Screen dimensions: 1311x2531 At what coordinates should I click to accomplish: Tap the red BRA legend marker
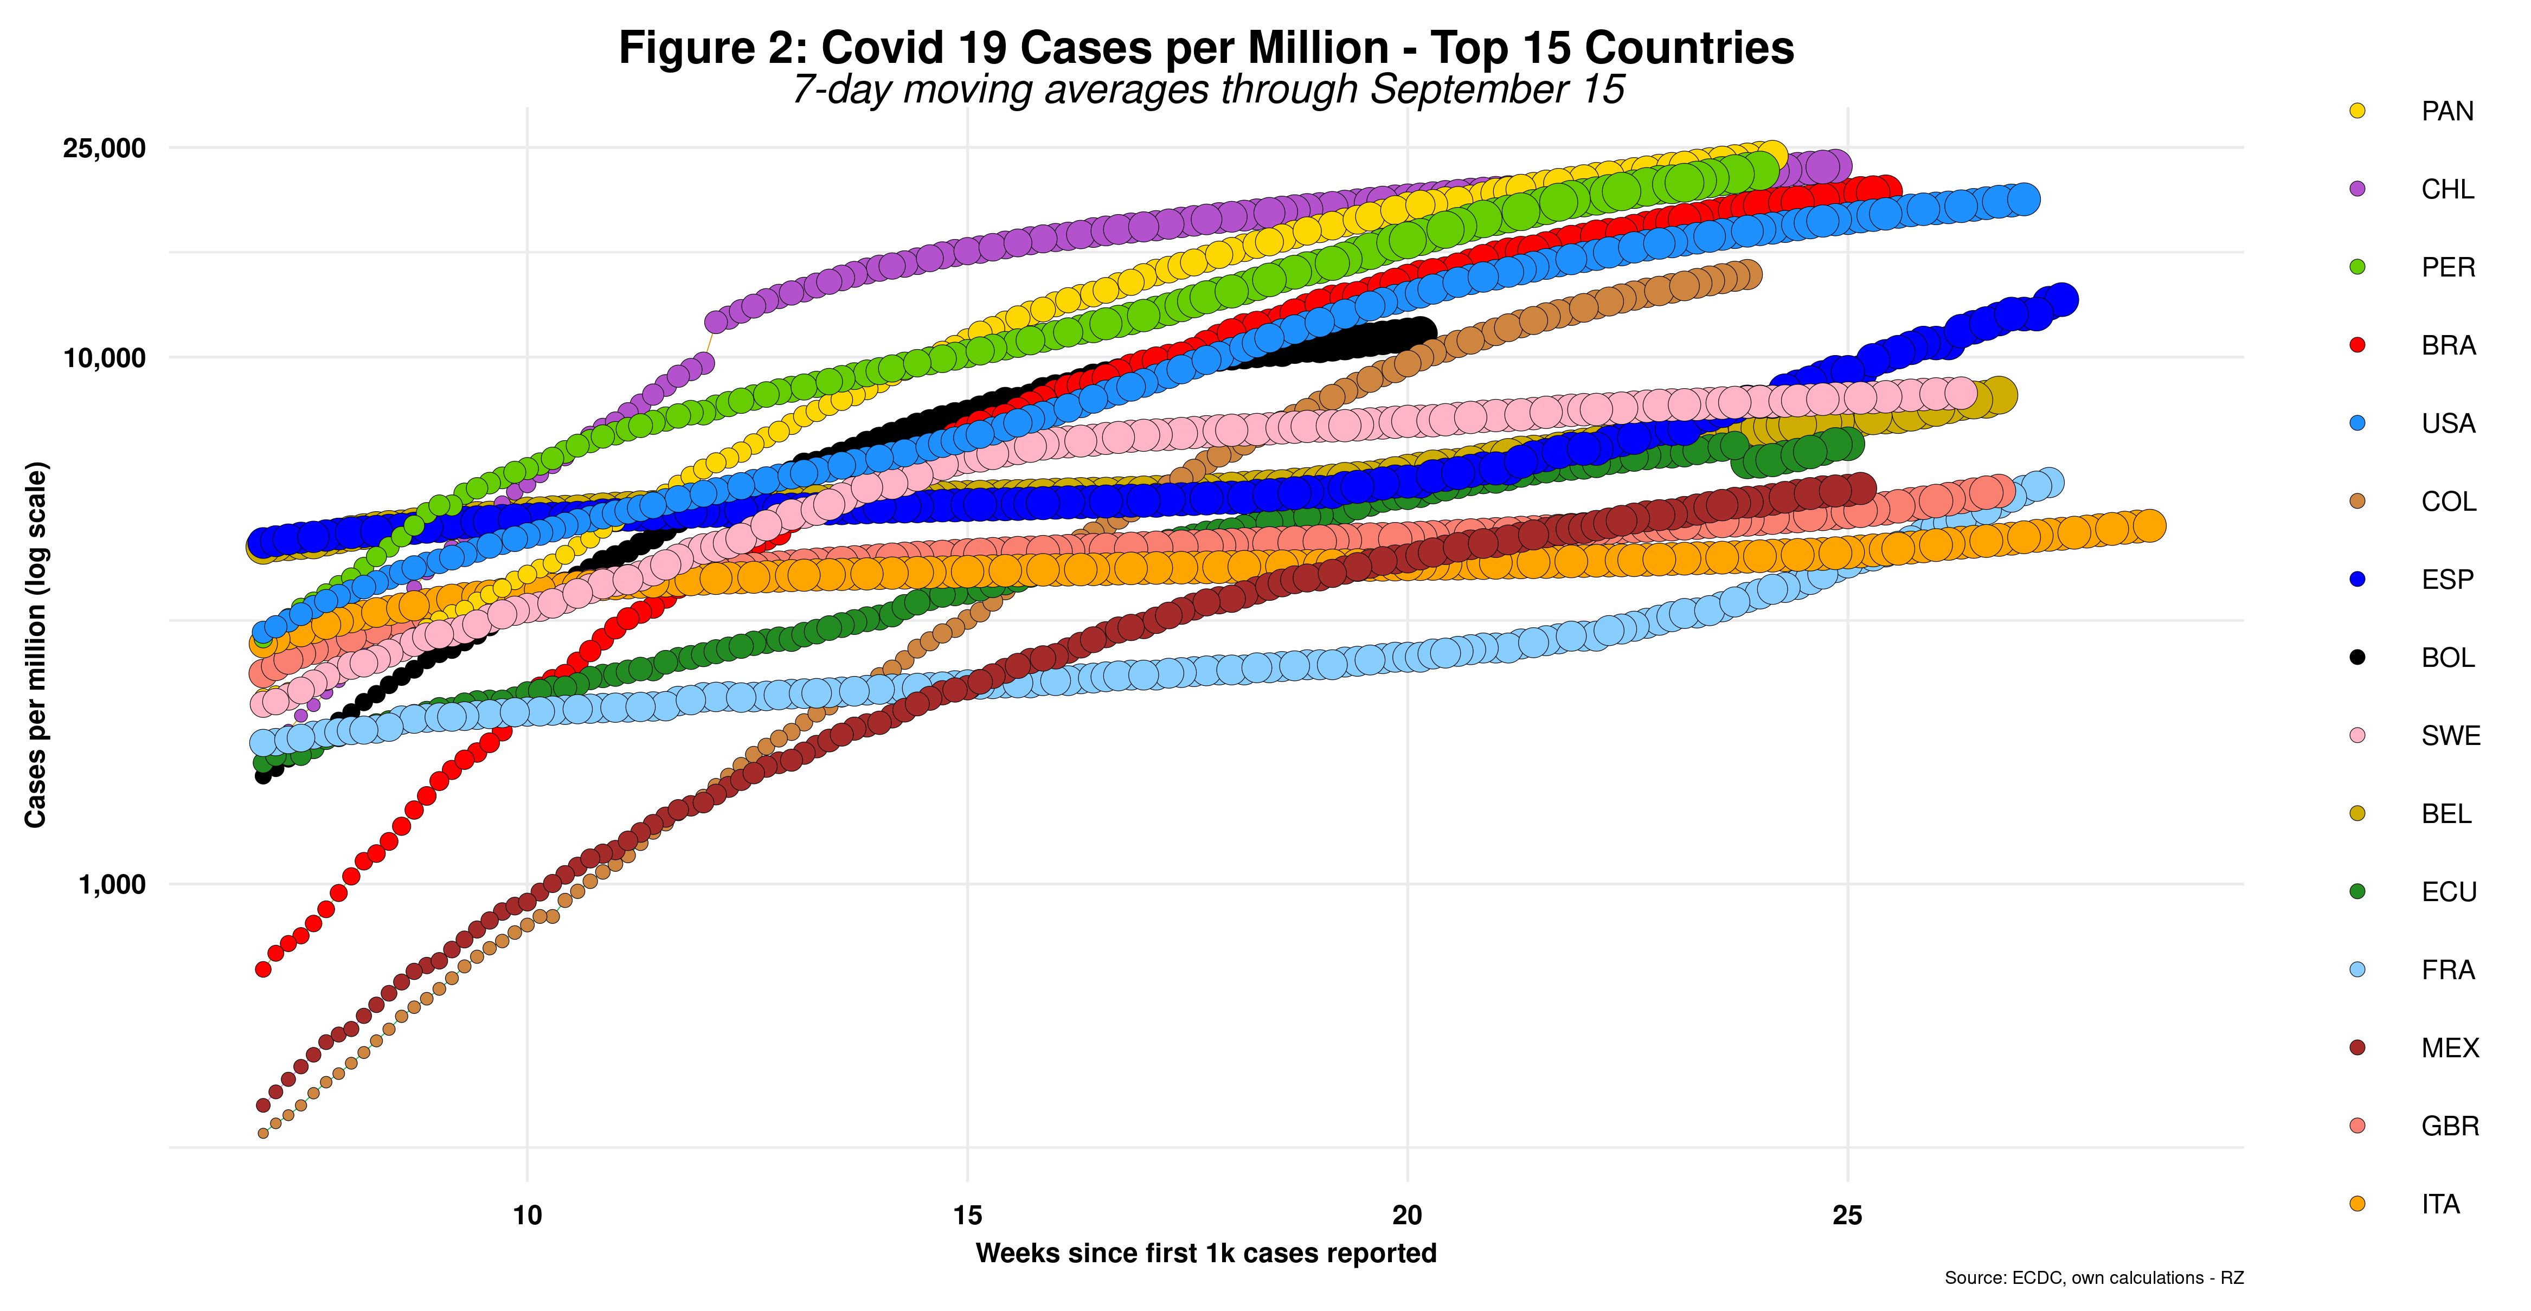click(x=2357, y=345)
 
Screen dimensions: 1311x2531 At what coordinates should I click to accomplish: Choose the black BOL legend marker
click(x=2357, y=658)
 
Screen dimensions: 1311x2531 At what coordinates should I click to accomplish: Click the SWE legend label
click(x=2450, y=735)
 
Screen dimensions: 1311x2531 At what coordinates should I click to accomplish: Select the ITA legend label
click(x=2440, y=1204)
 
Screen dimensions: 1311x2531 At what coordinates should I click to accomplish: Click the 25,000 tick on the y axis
click(x=103, y=149)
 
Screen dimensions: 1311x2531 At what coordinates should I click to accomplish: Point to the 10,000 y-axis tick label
click(x=103, y=358)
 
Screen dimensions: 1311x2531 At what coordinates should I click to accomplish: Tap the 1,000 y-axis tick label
click(x=111, y=884)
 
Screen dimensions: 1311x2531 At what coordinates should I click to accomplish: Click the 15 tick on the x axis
click(x=968, y=1216)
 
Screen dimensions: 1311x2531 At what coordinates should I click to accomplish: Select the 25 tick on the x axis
click(x=1847, y=1216)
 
